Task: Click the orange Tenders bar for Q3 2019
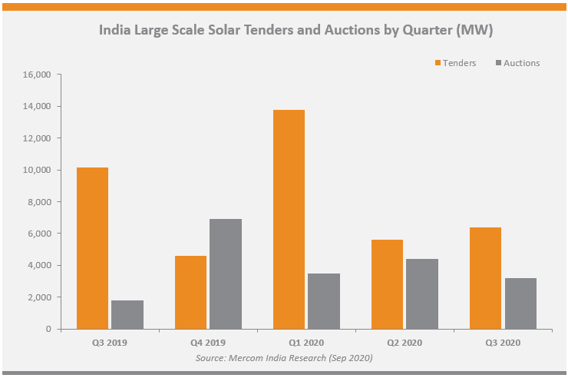(x=92, y=248)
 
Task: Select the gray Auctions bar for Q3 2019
(x=127, y=314)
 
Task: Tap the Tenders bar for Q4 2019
(x=190, y=292)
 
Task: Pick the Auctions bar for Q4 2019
(x=226, y=274)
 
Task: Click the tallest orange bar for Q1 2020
(x=289, y=219)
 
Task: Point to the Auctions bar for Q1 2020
(x=324, y=301)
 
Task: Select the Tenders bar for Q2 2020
(x=387, y=284)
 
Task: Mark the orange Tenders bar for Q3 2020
(x=485, y=278)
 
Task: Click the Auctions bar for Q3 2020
(x=520, y=303)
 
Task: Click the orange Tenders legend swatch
(x=438, y=62)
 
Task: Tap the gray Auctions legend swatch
(x=500, y=62)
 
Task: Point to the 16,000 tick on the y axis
(x=37, y=75)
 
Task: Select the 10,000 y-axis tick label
(x=37, y=170)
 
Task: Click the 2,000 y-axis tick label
(x=39, y=297)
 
